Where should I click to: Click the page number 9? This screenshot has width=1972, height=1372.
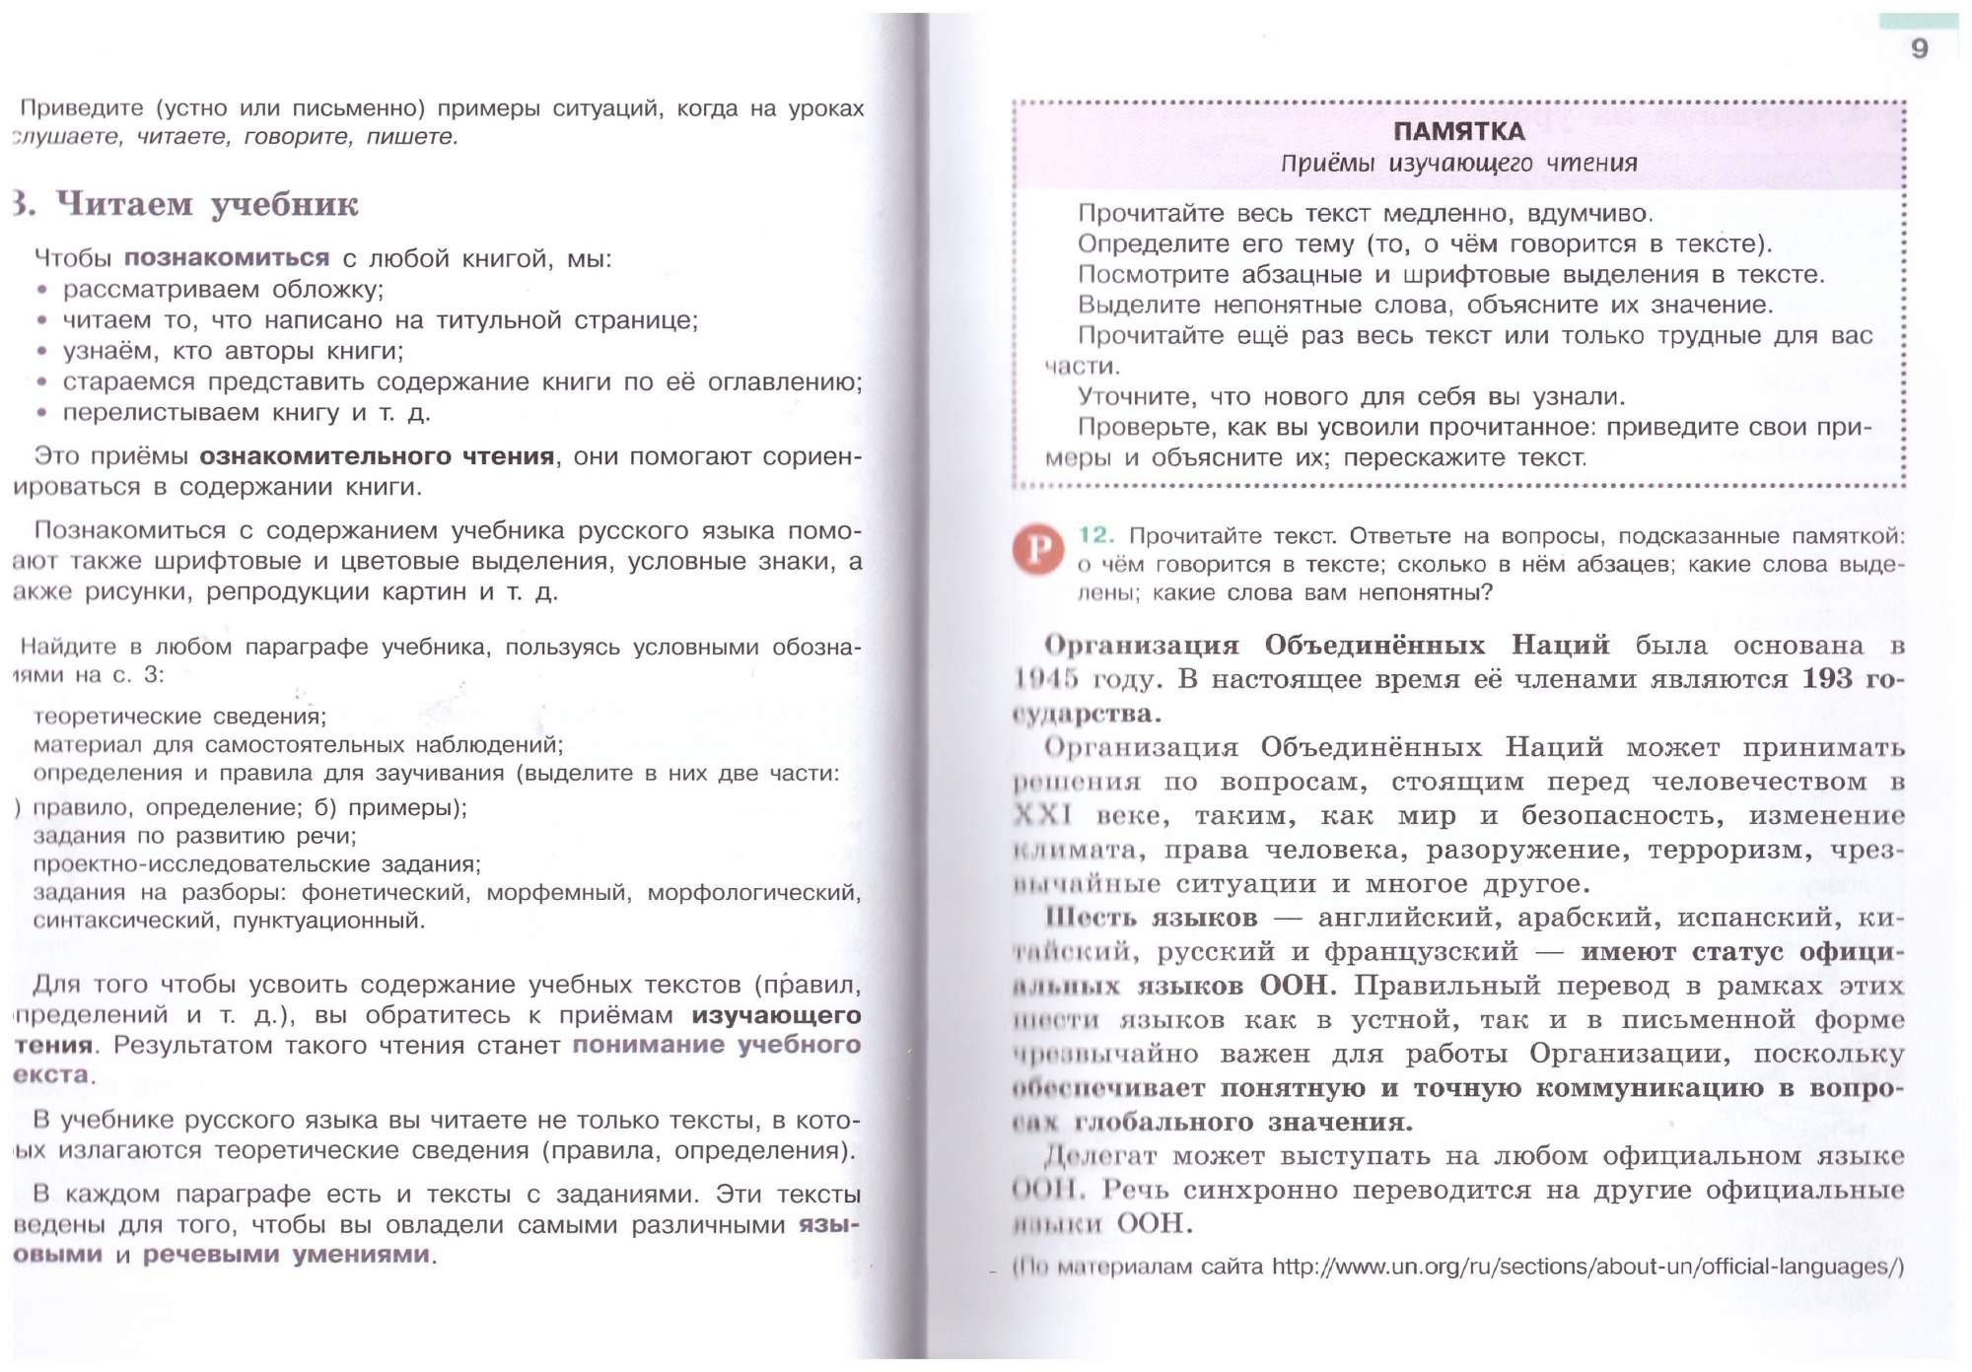click(x=1919, y=48)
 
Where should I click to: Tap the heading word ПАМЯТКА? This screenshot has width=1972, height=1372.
click(x=1458, y=131)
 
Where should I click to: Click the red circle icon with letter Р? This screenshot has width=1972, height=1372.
click(x=1037, y=549)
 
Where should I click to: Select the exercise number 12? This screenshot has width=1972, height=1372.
click(x=1095, y=535)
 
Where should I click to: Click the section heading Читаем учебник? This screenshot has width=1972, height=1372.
click(x=207, y=204)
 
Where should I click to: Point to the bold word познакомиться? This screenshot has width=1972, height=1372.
click(x=227, y=258)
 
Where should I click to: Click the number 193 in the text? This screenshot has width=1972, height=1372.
click(x=1827, y=679)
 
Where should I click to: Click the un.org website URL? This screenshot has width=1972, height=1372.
click(x=1587, y=1267)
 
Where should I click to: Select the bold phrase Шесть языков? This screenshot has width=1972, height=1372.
click(x=1152, y=918)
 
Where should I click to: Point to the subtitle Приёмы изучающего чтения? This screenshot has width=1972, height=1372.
click(x=1458, y=164)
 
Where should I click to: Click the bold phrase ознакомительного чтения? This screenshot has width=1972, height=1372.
click(x=377, y=456)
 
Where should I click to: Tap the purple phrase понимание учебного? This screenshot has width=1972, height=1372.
click(x=717, y=1045)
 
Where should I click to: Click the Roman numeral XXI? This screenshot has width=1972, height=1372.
click(x=1043, y=816)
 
